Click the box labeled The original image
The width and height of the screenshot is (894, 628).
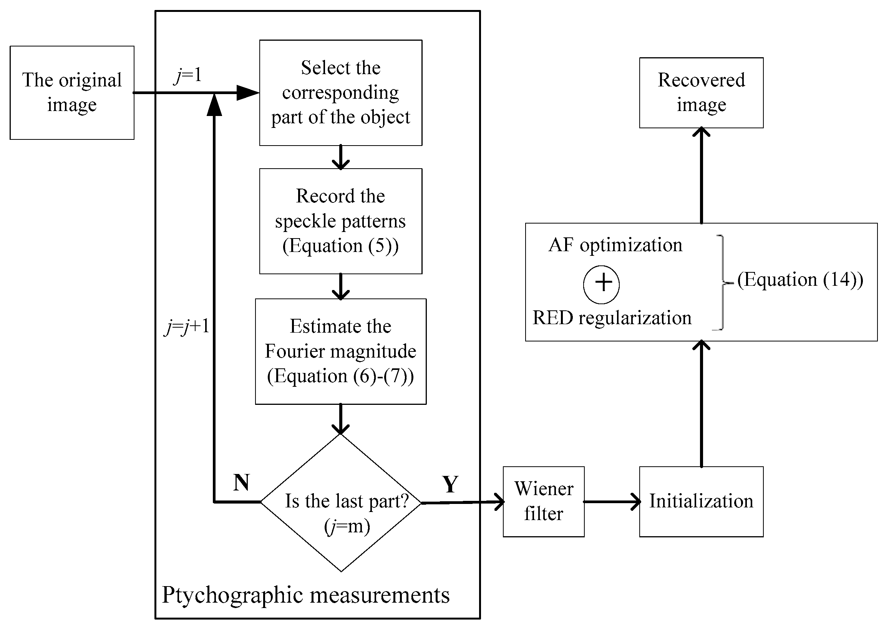coord(72,93)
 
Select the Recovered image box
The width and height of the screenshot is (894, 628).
coord(701,93)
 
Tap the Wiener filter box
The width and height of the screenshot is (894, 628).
coord(544,502)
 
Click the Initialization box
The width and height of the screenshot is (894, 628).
coord(701,502)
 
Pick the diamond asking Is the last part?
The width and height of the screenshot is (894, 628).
coord(341,502)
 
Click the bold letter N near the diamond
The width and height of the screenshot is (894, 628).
coord(241,483)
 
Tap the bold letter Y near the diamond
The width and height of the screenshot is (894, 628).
coord(450,485)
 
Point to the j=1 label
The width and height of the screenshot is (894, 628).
coord(188,75)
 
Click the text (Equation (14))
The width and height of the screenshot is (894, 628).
coord(800,280)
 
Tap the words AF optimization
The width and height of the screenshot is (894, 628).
coord(615,245)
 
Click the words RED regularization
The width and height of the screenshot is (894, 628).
coord(612,318)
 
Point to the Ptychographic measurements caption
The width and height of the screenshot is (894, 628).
coord(306,595)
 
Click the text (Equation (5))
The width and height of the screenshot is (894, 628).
coord(340,246)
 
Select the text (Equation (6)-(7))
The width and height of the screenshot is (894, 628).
coord(340,376)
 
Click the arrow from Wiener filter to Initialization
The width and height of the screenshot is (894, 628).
coord(612,502)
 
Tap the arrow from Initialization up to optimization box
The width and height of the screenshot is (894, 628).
coord(701,405)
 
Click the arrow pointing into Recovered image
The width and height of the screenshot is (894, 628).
coord(701,175)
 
